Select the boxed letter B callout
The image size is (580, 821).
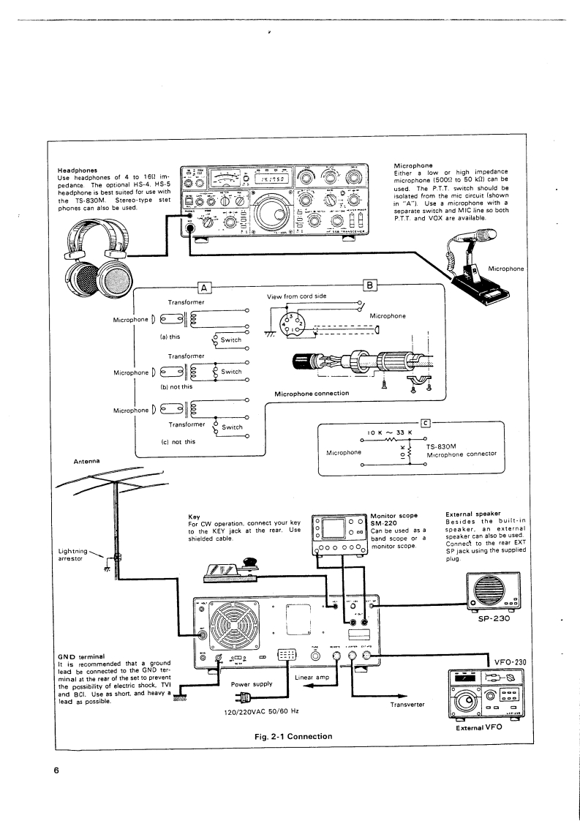[x=369, y=286]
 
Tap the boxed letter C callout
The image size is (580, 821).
[x=425, y=422]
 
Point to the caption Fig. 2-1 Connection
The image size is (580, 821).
[x=290, y=735]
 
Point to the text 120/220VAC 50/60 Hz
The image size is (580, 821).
[x=266, y=711]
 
